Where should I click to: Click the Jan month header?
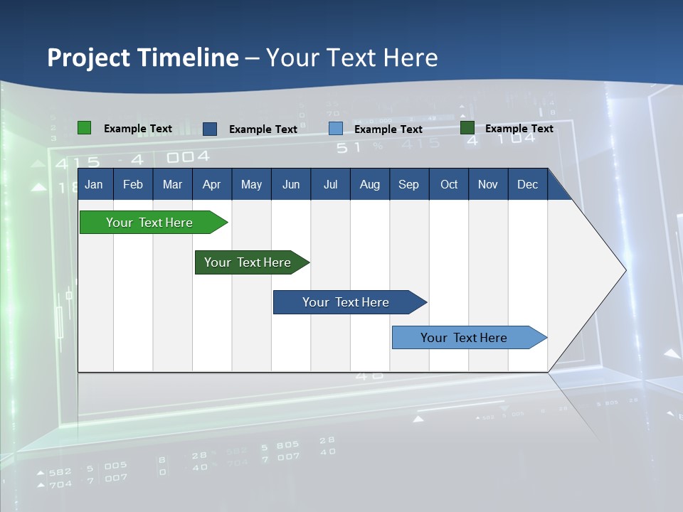tap(94, 184)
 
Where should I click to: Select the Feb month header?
tap(133, 184)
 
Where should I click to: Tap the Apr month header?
tap(211, 184)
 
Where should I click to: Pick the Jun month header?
tap(290, 184)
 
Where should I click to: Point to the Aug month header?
tap(369, 184)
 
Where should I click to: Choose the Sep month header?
tap(408, 184)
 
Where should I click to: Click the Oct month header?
tap(449, 184)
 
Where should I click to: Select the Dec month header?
tap(527, 184)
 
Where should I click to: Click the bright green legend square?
tap(84, 128)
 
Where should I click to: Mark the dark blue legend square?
tap(210, 129)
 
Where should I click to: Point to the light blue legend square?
tap(336, 129)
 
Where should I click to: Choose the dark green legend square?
tap(467, 128)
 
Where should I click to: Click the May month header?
tap(251, 184)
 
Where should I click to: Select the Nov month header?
tap(487, 184)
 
